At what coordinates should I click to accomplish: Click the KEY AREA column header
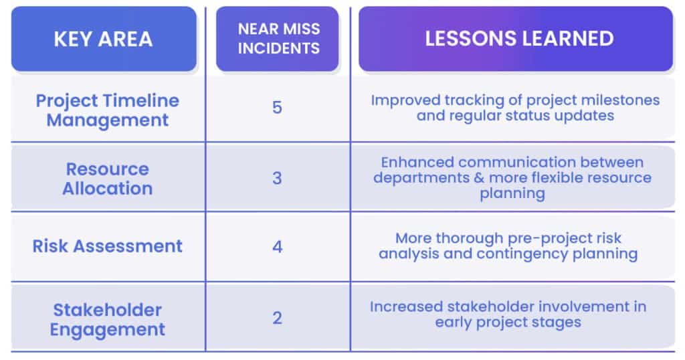click(104, 39)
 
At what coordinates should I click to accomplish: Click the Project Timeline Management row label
click(108, 110)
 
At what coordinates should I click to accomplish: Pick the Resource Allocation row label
click(108, 179)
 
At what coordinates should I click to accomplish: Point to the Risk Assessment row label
click(108, 246)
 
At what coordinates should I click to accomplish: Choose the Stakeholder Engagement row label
click(108, 320)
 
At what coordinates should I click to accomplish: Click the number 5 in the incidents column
click(277, 108)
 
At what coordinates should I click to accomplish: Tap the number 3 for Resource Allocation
click(277, 178)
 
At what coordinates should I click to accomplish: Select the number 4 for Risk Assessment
click(278, 247)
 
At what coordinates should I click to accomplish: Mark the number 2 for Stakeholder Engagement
click(277, 318)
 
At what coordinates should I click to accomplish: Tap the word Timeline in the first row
click(143, 101)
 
